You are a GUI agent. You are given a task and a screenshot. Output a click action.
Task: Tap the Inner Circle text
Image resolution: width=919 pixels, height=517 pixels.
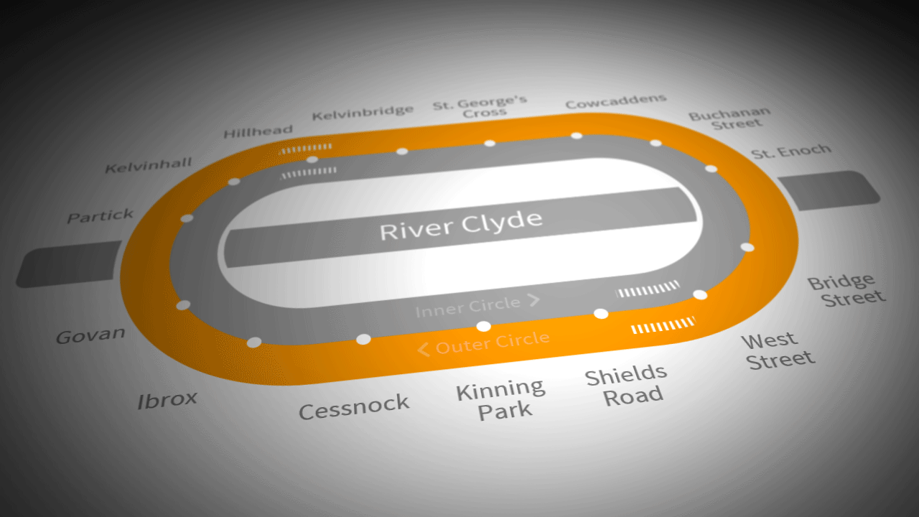[467, 307]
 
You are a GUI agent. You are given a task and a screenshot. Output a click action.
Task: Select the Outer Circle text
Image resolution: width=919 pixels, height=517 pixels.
[493, 343]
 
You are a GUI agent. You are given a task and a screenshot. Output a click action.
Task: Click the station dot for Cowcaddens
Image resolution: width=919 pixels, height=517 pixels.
[576, 135]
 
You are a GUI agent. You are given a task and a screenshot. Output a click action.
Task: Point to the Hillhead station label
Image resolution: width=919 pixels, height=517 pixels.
[258, 132]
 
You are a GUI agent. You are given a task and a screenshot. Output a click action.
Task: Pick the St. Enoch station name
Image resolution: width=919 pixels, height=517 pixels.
[790, 152]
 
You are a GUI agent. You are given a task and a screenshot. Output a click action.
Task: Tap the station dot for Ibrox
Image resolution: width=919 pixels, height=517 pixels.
[253, 343]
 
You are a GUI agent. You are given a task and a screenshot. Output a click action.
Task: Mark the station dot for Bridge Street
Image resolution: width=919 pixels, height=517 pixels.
[747, 247]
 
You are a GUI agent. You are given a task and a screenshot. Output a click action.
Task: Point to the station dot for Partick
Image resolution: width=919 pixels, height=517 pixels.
[187, 218]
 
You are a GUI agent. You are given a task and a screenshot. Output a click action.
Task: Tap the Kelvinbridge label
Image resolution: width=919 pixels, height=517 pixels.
[363, 113]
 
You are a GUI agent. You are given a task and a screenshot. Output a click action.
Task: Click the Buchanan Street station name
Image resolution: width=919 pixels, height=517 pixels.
[730, 118]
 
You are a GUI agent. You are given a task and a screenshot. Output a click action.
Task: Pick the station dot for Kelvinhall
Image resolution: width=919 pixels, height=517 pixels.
[233, 181]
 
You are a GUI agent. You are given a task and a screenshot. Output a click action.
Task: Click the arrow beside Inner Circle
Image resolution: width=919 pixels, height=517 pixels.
[533, 299]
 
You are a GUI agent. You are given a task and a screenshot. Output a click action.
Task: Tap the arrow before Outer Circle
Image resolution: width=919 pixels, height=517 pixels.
[423, 350]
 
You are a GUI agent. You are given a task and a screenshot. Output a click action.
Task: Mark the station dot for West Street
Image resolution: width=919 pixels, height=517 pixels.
[700, 294]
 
